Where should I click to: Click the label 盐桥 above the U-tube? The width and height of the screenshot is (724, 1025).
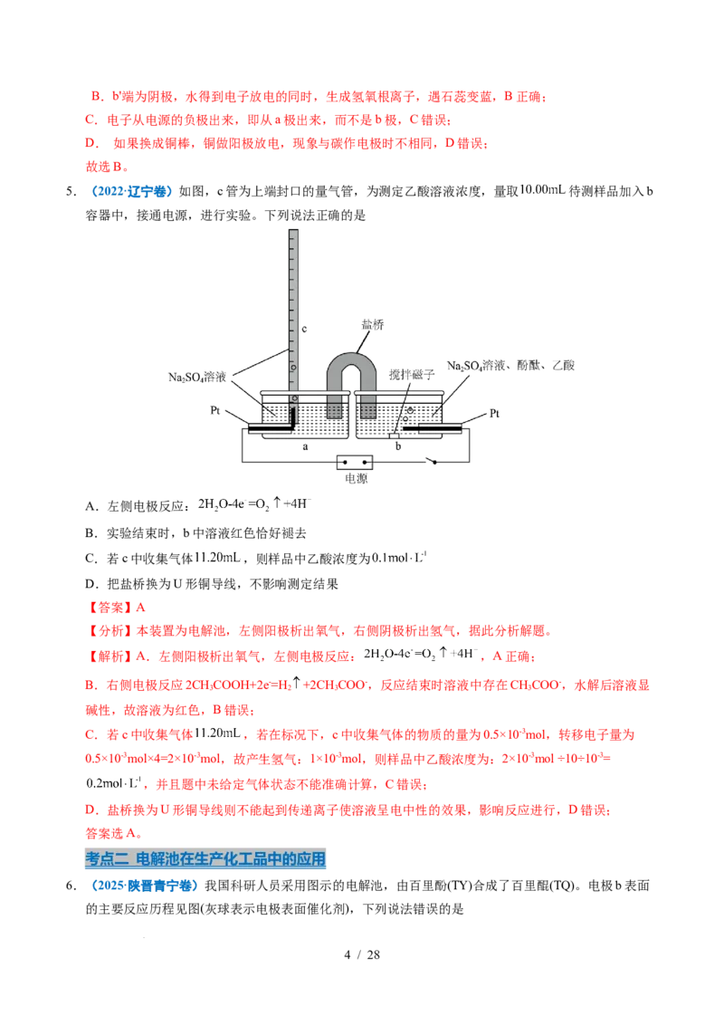coord(373,324)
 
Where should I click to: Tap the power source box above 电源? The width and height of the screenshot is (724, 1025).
coord(355,462)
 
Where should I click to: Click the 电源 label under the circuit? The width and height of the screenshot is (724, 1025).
coord(356,478)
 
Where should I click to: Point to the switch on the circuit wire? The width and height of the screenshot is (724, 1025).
coord(432,460)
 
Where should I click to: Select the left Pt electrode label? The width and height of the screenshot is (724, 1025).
coord(215,410)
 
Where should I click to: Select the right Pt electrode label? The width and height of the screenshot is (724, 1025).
coord(494,413)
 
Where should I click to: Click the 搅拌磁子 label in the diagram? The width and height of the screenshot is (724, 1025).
coord(412,374)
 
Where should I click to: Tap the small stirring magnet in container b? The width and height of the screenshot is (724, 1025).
coord(394,436)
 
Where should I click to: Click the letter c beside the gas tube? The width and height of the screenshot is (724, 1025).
coord(304,329)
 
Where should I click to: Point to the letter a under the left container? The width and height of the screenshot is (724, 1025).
coord(305,447)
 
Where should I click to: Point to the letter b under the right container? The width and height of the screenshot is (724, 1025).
coord(398,445)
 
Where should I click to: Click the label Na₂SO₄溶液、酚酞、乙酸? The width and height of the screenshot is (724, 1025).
coord(510,366)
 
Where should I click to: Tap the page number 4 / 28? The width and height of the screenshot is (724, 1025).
coord(362,954)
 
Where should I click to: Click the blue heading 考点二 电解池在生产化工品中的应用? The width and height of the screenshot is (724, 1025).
coord(205,858)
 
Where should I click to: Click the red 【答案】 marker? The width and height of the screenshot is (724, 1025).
coord(108,608)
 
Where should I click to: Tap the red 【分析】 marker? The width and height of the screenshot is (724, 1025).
coord(108,631)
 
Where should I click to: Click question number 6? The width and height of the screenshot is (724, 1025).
coord(71,886)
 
